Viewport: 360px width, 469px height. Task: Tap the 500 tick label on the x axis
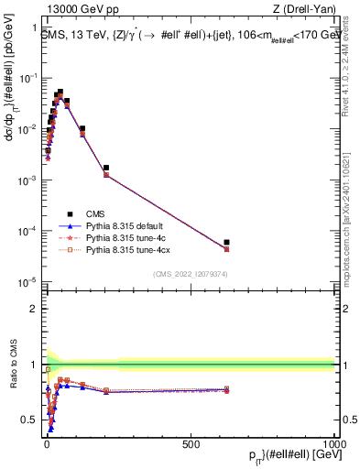coord(191,442)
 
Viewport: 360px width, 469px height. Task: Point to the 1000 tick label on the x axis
coord(334,442)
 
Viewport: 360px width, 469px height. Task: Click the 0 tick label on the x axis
coord(47,442)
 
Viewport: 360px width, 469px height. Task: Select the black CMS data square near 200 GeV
coord(106,168)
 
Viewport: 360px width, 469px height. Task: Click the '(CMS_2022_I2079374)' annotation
coord(190,272)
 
